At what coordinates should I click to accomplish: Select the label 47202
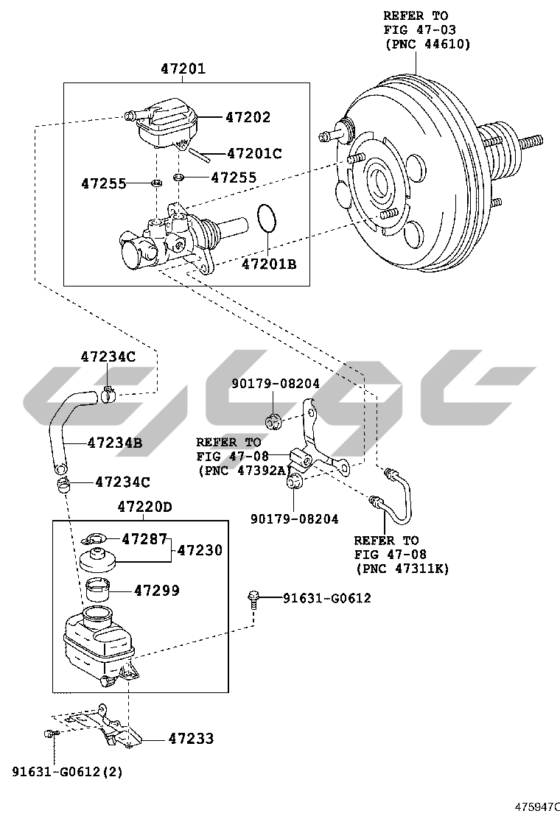pyautogui.click(x=248, y=117)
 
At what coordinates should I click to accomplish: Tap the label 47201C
pyautogui.click(x=254, y=154)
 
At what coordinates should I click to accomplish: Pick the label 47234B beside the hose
pyautogui.click(x=114, y=443)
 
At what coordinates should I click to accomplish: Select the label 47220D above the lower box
pyautogui.click(x=144, y=507)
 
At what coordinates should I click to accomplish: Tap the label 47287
pyautogui.click(x=144, y=539)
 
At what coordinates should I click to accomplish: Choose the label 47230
pyautogui.click(x=200, y=550)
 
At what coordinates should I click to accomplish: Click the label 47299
pyautogui.click(x=157, y=591)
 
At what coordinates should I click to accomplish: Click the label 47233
pyautogui.click(x=191, y=738)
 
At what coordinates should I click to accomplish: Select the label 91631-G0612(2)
pyautogui.click(x=67, y=772)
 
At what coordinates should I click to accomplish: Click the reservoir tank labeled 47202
pyautogui.click(x=167, y=122)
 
